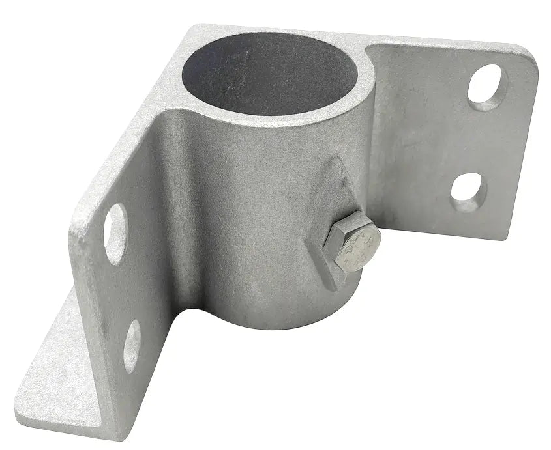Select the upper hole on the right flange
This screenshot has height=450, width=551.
[x=486, y=87]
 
